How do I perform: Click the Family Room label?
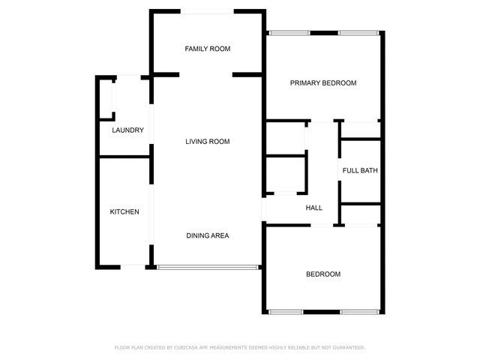coord(208,49)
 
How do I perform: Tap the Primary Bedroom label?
coord(323,83)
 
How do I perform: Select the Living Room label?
coord(208,142)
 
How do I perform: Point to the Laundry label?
coord(127,130)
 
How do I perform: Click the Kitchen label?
coord(124,212)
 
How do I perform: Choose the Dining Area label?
coord(208,235)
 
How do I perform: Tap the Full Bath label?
coord(360,171)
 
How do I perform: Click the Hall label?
coord(314,208)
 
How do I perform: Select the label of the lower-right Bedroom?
coord(323,274)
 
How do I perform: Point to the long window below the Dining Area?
coord(208,265)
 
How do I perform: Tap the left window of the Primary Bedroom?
coord(290,32)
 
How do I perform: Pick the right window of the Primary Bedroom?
coord(358,32)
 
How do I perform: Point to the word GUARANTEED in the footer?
coord(348,348)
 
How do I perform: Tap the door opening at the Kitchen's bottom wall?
coord(133,266)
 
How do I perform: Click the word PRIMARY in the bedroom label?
coord(304,83)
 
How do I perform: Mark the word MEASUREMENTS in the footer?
coord(237,348)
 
